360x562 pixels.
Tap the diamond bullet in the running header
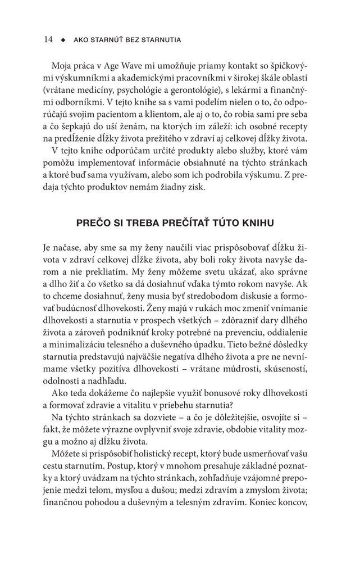[63, 40]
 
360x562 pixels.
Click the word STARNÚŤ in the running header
[108, 40]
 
